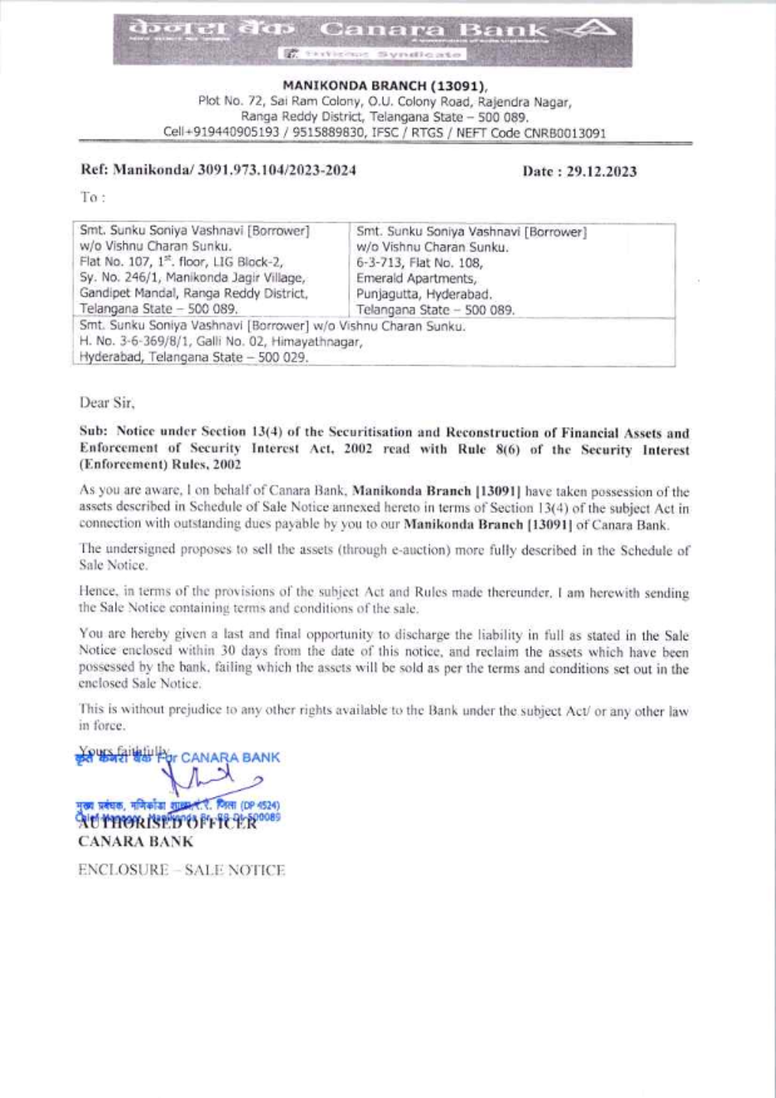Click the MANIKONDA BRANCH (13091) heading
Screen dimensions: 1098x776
[385, 86]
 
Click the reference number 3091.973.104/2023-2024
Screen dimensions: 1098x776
[277, 170]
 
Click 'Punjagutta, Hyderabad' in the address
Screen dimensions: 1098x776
[424, 294]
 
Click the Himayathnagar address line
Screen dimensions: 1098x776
[221, 342]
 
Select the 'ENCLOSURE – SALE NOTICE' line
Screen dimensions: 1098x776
[182, 871]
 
